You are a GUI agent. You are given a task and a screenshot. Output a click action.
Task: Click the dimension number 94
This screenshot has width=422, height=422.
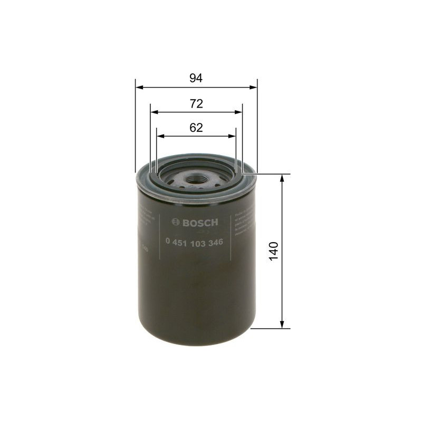coord(196,78)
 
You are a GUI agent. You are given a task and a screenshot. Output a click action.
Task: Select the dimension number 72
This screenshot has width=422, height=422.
coord(196,104)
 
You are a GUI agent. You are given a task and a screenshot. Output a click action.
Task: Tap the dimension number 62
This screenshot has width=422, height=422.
coord(196,128)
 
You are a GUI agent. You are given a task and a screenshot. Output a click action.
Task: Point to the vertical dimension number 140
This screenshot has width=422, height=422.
coord(273,251)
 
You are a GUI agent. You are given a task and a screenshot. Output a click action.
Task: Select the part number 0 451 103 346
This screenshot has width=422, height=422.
coord(194,242)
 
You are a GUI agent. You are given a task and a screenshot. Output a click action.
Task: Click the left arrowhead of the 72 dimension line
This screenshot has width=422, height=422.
coord(154,112)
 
